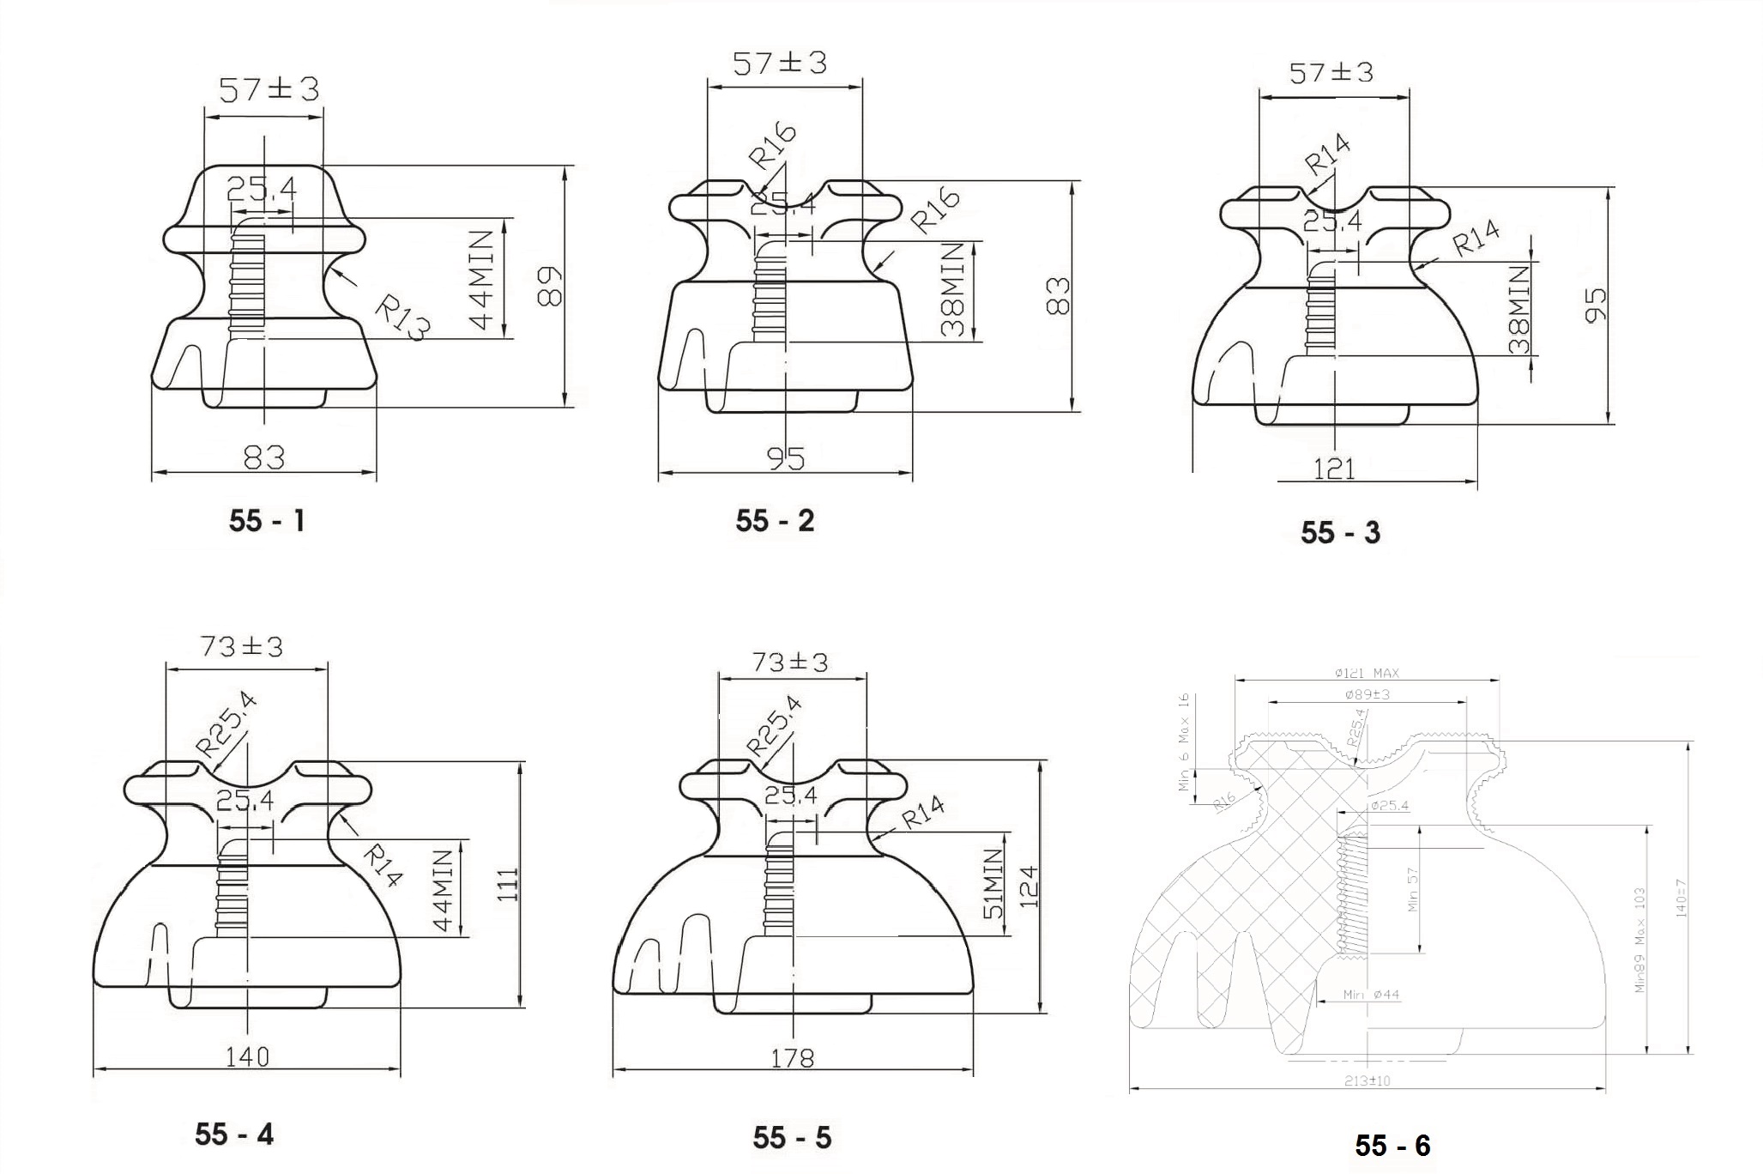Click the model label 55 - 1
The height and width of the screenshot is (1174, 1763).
[267, 521]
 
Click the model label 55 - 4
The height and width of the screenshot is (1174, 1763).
[233, 1134]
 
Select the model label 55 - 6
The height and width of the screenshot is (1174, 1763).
[1392, 1145]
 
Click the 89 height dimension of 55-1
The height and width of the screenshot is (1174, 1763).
[549, 287]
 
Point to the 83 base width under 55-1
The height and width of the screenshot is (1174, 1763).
[263, 457]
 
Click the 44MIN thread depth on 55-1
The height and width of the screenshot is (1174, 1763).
[483, 280]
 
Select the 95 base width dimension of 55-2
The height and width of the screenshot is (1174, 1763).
[785, 459]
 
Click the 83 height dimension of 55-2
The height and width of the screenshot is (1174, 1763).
[1059, 296]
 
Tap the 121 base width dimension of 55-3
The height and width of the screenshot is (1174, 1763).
[1334, 469]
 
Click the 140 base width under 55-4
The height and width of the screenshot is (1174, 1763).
[247, 1056]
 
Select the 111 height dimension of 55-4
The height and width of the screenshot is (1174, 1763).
[507, 885]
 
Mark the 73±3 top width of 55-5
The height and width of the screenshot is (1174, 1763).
[790, 663]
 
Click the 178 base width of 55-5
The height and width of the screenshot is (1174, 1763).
[792, 1058]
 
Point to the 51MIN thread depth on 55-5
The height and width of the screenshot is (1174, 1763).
[993, 884]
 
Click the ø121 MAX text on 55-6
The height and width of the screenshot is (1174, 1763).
[1367, 674]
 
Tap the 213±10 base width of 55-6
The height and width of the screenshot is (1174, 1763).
[1367, 1081]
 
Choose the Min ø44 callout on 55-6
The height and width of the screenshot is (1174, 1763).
[1371, 995]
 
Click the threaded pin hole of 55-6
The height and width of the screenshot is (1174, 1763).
[1354, 893]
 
